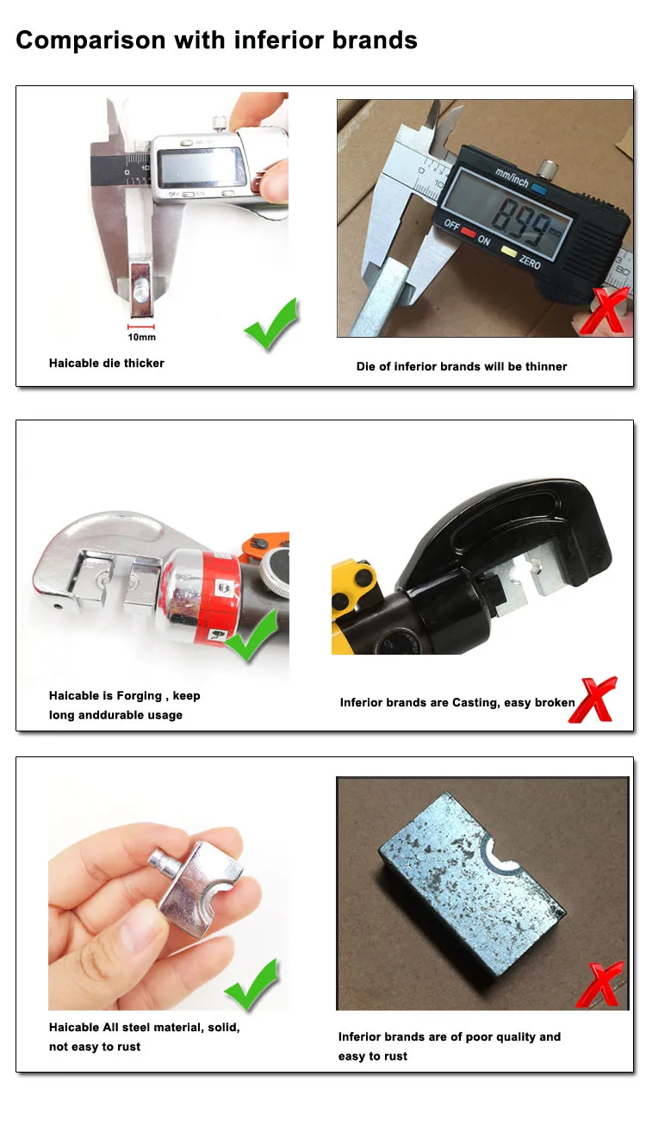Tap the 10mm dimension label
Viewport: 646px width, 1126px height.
pyautogui.click(x=140, y=338)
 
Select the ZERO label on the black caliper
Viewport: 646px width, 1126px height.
pyautogui.click(x=530, y=261)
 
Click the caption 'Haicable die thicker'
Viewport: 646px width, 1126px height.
pyautogui.click(x=106, y=363)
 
